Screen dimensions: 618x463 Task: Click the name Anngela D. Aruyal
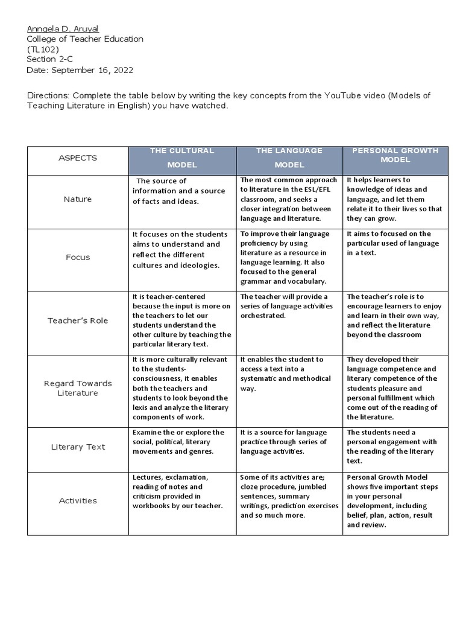[63, 28]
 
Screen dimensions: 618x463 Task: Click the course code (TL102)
[42, 49]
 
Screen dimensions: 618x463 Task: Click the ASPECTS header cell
[77, 158]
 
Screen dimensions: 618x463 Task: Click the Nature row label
[77, 199]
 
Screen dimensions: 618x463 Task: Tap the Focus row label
[77, 257]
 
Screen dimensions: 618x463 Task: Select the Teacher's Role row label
[77, 320]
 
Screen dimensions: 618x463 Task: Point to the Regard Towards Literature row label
[77, 388]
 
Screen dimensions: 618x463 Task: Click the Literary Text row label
[77, 447]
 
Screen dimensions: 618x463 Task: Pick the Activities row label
[77, 500]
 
